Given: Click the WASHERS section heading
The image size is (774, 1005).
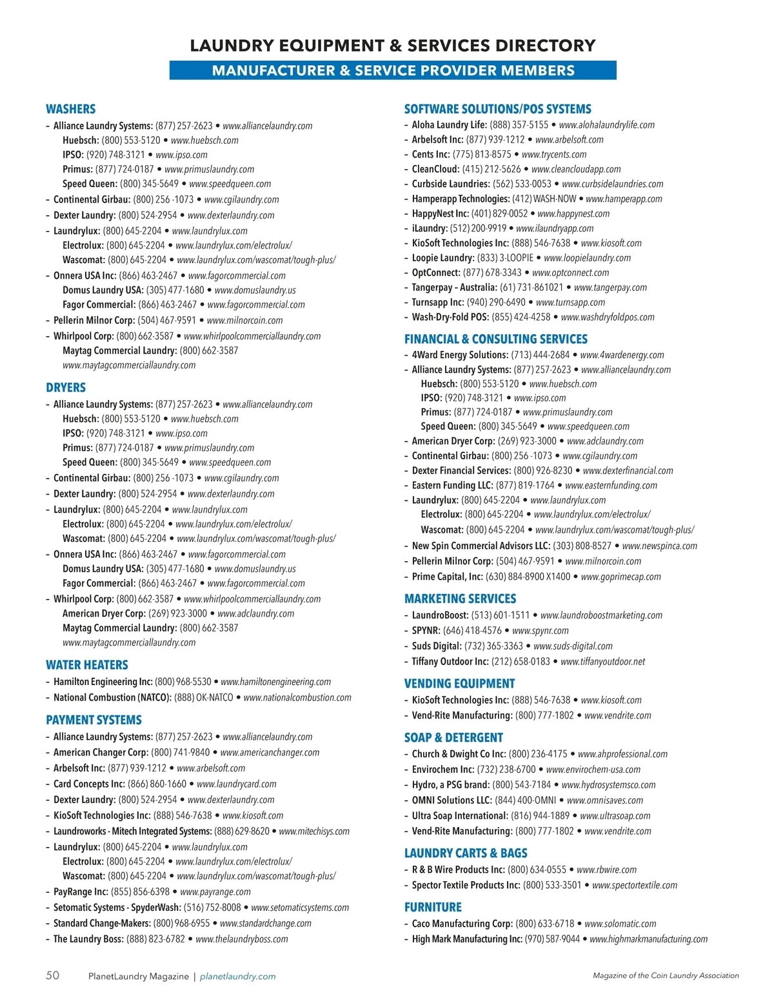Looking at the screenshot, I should [70, 109].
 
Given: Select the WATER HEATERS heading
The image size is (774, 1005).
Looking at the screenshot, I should [86, 664].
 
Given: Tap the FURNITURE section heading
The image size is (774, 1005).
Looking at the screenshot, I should [433, 907].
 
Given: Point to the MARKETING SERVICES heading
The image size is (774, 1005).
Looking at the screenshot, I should [460, 599].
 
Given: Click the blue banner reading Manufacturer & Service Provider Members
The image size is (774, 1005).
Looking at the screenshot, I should [393, 70].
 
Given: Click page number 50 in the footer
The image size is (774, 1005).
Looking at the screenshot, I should [52, 975].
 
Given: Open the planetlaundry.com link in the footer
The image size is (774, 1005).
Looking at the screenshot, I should [238, 977].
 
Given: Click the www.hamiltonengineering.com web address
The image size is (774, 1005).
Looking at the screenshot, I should [275, 682].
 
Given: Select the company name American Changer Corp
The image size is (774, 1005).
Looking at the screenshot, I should [101, 752].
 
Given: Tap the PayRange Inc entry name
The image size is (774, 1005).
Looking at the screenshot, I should [81, 892].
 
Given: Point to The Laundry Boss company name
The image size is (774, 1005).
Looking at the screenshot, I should [88, 939].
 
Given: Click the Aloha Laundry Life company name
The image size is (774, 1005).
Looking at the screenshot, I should [449, 125].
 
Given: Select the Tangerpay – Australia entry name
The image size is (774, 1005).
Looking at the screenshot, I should [454, 288].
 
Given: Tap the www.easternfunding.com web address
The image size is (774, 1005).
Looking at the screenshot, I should [611, 486].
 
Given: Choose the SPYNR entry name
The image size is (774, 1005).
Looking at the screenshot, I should [426, 631].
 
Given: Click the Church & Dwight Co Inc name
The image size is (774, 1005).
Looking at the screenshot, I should [459, 754].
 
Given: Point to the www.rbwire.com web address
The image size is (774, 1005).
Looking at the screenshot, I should [606, 870].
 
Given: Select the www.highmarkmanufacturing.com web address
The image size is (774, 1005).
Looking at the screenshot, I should [648, 939].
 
